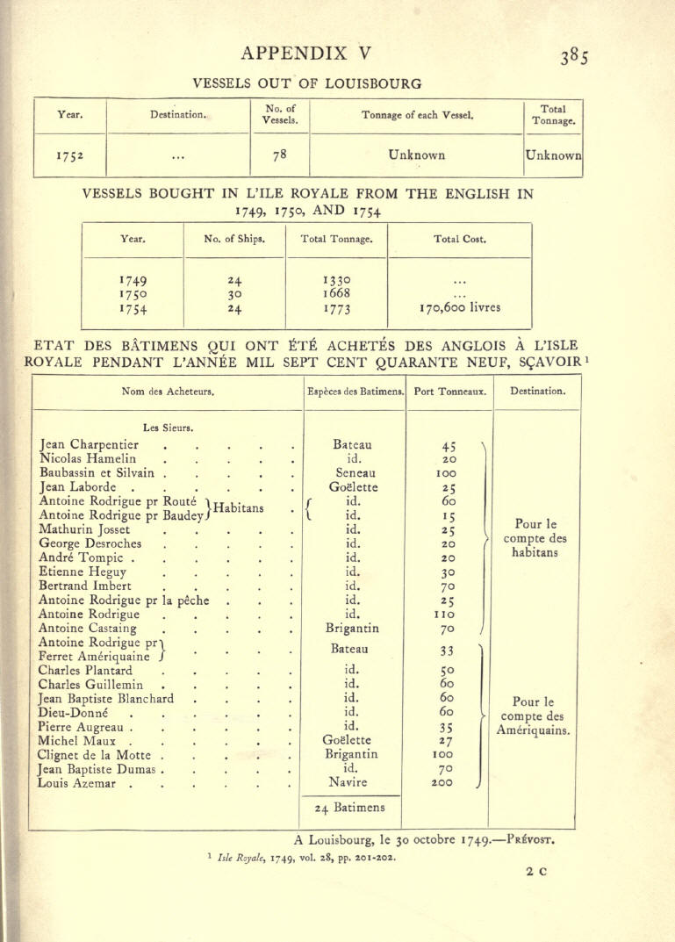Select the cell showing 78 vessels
[x=280, y=155]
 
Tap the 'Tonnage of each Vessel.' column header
[x=417, y=114]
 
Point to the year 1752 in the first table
[x=69, y=156]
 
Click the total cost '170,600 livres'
[x=459, y=308]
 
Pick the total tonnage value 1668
[x=337, y=293]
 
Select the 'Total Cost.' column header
[x=459, y=238]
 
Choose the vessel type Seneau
[x=351, y=473]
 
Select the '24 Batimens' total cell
[x=351, y=809]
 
